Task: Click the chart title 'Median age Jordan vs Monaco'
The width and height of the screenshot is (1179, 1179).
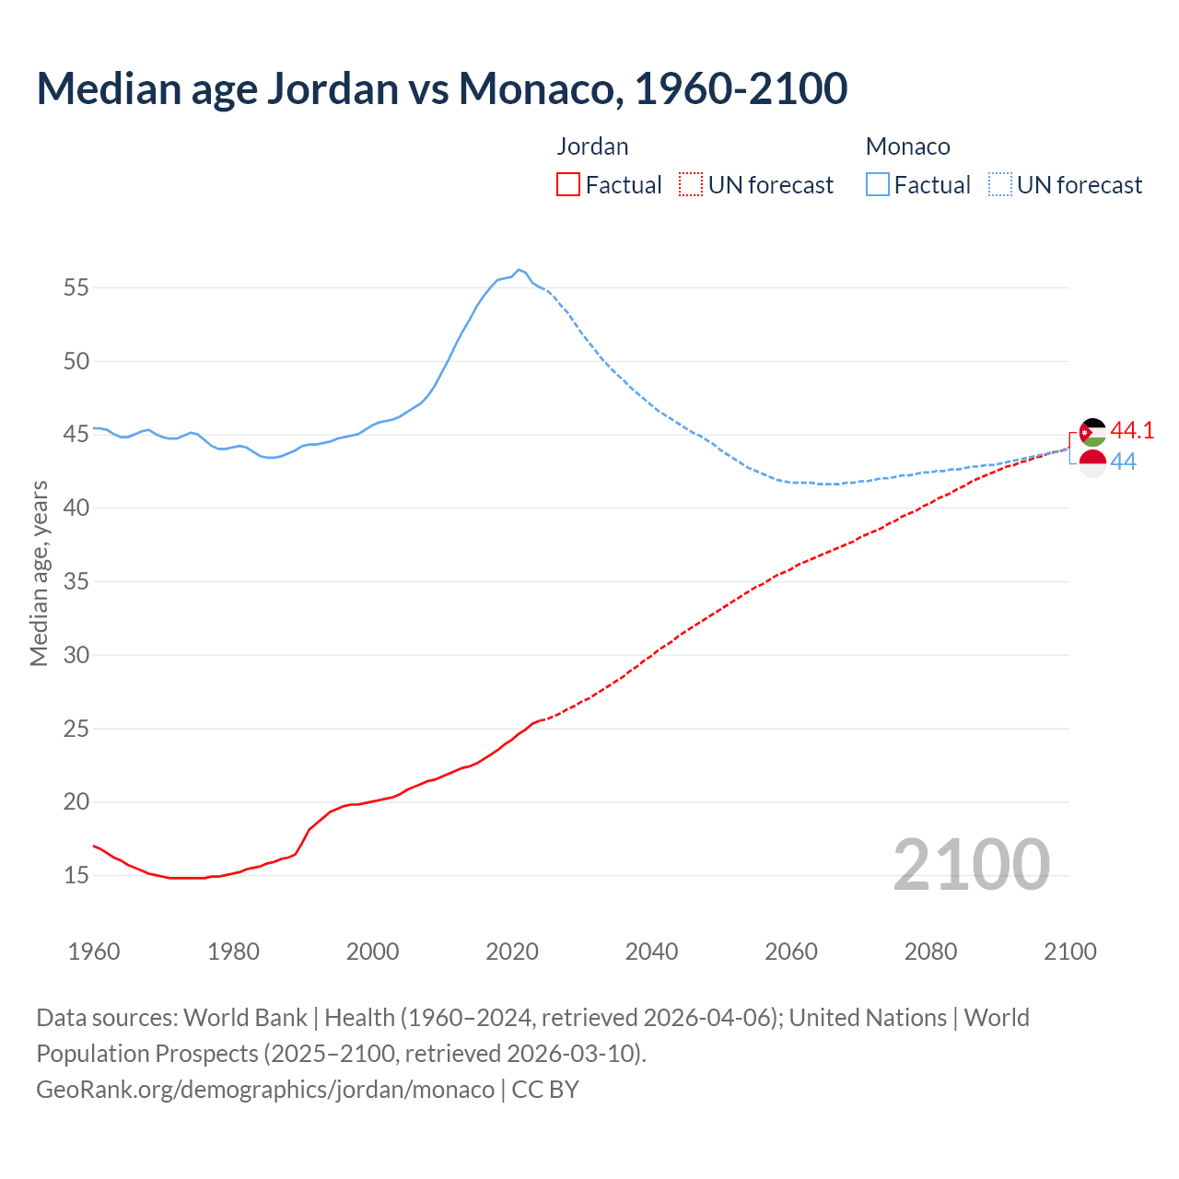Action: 441,89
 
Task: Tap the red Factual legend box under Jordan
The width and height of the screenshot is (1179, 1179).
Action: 568,185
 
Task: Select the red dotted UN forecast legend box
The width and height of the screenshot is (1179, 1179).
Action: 691,185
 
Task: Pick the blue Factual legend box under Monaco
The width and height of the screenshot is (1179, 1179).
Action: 878,185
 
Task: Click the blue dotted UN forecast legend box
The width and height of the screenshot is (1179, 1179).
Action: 1000,185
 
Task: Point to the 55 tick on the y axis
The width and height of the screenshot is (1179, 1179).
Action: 76,287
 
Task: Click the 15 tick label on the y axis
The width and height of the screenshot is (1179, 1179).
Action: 76,875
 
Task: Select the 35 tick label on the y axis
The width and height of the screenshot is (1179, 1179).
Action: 76,581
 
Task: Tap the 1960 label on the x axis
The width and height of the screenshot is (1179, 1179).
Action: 94,951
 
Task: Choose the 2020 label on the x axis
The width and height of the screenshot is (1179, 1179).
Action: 512,951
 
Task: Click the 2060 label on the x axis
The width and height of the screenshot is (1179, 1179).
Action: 791,951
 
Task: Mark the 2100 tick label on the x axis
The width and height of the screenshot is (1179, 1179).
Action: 1069,951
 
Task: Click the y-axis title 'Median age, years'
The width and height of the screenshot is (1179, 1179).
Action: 39,573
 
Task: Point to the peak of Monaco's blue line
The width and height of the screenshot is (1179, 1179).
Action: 519,270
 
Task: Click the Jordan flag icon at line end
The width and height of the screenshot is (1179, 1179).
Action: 1092,432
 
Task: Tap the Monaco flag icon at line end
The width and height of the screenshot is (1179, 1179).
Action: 1092,462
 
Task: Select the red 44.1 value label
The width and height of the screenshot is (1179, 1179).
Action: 1132,430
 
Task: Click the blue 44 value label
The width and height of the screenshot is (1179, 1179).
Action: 1123,462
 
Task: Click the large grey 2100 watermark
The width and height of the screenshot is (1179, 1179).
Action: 972,864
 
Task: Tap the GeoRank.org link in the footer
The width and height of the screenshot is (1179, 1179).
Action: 265,1089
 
